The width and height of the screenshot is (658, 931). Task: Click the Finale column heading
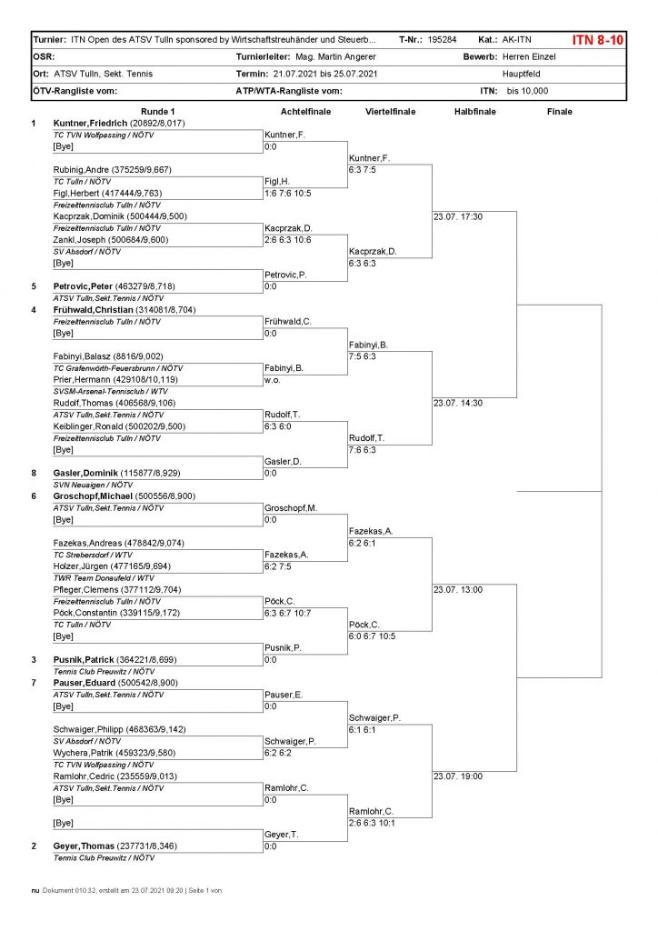click(x=560, y=111)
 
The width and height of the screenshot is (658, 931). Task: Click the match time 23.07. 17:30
click(x=458, y=216)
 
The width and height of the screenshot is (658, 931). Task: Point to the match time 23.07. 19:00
click(x=458, y=776)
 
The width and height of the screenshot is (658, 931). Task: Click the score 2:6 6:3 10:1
click(x=372, y=823)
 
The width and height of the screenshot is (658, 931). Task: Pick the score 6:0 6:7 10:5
click(x=372, y=636)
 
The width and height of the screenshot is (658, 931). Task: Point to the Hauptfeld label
click(x=523, y=74)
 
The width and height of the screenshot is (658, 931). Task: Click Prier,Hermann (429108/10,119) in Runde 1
click(x=116, y=379)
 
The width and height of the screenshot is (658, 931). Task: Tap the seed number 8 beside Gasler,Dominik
click(x=34, y=473)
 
